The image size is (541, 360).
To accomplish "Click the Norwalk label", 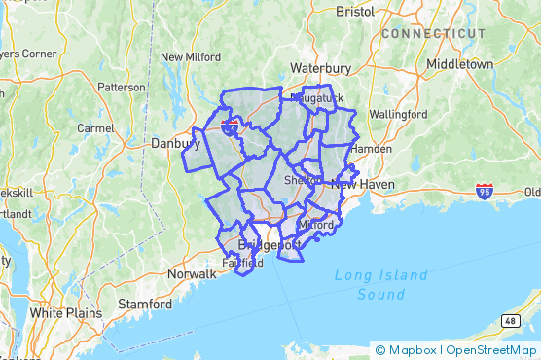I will (x=192, y=273).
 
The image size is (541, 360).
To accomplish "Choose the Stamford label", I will (x=145, y=304).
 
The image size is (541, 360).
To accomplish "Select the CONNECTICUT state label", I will (x=433, y=33).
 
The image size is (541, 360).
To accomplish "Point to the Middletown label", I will (x=460, y=64).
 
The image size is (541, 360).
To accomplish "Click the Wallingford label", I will (x=397, y=114).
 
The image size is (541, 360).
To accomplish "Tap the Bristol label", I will (x=354, y=12).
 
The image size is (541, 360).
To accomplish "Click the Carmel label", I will (x=95, y=127).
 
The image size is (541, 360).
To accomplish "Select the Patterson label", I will (x=121, y=87).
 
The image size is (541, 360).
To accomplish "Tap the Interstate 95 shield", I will (x=484, y=191).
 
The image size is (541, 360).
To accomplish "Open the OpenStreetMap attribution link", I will (x=493, y=350).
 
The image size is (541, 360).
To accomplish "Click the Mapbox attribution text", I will (x=413, y=350).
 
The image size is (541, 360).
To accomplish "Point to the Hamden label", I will (x=370, y=149).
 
